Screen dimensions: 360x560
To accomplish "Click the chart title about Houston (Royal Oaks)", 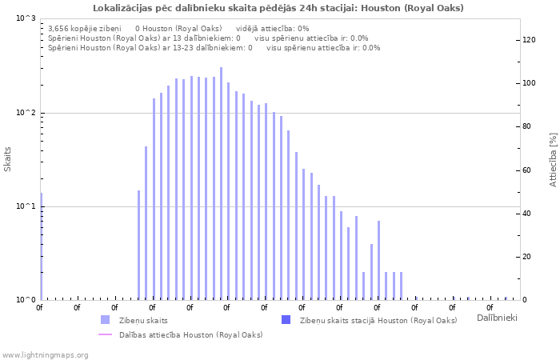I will pyautogui.click(x=278, y=8).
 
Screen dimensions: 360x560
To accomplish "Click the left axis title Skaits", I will pyautogui.click(x=8, y=159).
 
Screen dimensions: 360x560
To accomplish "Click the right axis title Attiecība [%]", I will pyautogui.click(x=552, y=160).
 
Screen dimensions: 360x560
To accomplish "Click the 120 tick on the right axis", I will pyautogui.click(x=529, y=40).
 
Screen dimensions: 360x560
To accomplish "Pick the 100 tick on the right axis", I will pyautogui.click(x=529, y=83).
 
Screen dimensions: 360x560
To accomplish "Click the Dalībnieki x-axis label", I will pyautogui.click(x=497, y=318).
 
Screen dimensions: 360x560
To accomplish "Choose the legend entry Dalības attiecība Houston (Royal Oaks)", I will pyautogui.click(x=190, y=334).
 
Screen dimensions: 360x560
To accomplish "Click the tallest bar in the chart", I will pyautogui.click(x=221, y=184).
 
